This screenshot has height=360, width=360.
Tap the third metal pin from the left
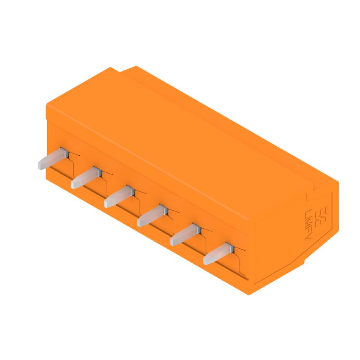(119, 197)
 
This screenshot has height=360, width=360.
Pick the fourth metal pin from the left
(152, 215)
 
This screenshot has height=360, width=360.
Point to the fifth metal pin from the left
(185, 235)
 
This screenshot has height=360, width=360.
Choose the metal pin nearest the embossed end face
(218, 254)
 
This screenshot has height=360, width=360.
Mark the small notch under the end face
(303, 264)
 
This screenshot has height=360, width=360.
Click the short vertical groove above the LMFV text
(306, 197)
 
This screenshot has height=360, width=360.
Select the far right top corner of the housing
(338, 182)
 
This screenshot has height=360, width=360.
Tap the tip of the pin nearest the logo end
(207, 260)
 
